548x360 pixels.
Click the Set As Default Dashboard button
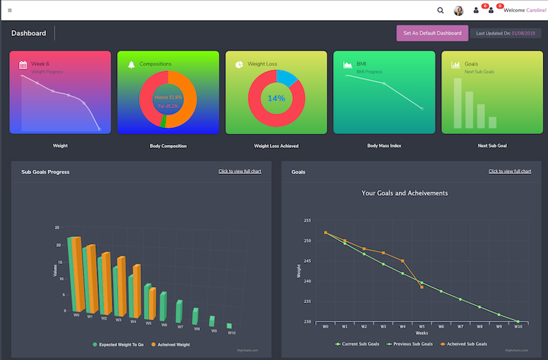432,33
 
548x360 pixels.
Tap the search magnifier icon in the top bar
440,10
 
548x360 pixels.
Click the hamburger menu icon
10,10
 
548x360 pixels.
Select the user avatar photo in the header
459,10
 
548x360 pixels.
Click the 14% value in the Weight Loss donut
276,99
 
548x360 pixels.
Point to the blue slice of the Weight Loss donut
288,77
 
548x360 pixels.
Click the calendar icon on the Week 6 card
23,64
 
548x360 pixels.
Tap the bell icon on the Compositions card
132,64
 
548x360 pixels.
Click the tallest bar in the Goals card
457,103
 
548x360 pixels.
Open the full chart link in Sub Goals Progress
240,171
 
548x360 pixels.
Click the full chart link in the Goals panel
510,171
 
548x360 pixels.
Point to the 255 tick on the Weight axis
307,220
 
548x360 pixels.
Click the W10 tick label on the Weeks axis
518,327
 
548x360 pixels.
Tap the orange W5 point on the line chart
421,287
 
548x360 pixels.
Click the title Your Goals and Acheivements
404,193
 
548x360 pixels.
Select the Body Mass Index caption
383,146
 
